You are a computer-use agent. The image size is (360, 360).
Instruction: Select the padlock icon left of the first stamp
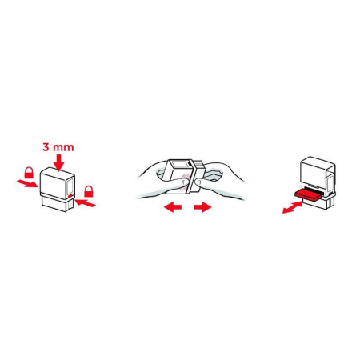point(29,172)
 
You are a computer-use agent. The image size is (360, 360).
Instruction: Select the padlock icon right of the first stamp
point(90,190)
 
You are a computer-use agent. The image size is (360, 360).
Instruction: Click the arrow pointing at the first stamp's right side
point(90,204)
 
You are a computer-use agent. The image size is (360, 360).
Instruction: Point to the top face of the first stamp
point(59,174)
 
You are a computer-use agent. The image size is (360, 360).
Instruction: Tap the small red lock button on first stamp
point(71,194)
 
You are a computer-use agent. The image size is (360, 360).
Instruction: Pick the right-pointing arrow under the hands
point(202,208)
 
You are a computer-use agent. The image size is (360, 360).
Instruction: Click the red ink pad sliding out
point(307,194)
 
